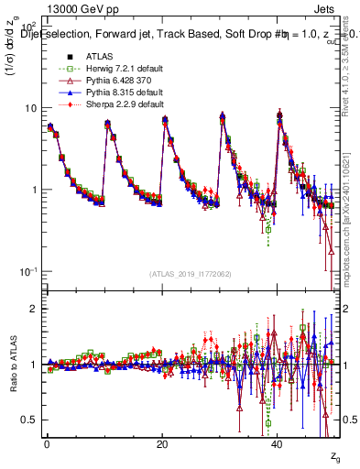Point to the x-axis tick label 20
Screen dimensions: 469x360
162,442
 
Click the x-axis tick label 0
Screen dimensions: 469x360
46,442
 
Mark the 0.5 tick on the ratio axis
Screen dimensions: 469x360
29,420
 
